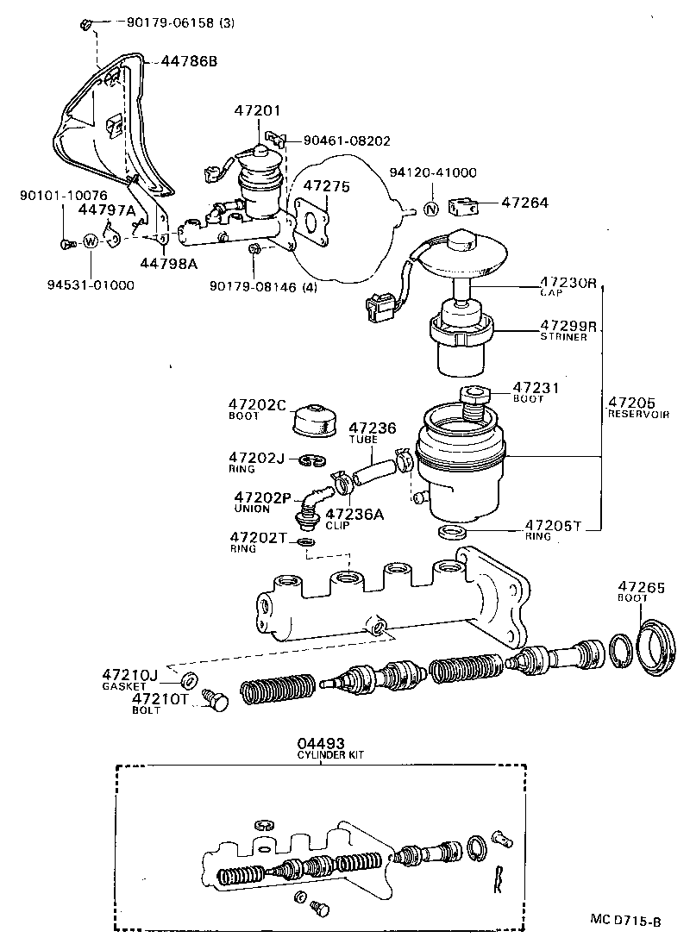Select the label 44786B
pyautogui.click(x=189, y=62)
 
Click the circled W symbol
pyautogui.click(x=90, y=242)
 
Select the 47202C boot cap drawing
pyautogui.click(x=312, y=420)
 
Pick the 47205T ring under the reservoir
pyautogui.click(x=451, y=531)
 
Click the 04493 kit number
pyautogui.click(x=321, y=742)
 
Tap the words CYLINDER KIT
pyautogui.click(x=330, y=754)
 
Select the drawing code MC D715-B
pyautogui.click(x=625, y=922)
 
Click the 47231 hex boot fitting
pyautogui.click(x=473, y=397)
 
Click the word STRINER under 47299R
pyautogui.click(x=564, y=337)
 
